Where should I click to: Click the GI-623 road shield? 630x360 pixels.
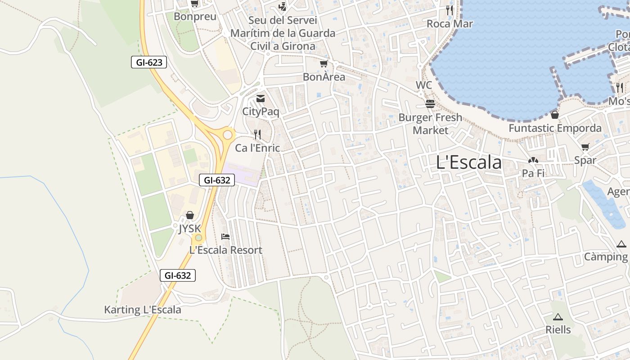click(149, 62)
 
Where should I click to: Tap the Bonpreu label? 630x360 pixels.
click(195, 17)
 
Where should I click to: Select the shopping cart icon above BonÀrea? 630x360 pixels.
click(324, 64)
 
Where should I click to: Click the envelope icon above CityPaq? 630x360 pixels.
click(261, 99)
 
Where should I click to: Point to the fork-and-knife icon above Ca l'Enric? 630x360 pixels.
click(257, 134)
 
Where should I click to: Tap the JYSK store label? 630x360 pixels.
click(189, 229)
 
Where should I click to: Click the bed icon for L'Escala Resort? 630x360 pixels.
click(225, 237)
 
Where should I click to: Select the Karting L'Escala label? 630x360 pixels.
click(143, 310)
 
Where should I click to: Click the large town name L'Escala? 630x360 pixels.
click(468, 162)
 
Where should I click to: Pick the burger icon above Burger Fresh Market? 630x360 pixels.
click(430, 104)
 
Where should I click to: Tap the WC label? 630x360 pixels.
click(423, 85)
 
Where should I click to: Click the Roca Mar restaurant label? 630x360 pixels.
click(450, 23)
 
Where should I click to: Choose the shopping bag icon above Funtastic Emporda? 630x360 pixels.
click(555, 115)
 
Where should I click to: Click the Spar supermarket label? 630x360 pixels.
click(585, 160)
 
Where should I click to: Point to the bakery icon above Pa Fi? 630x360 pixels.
click(533, 160)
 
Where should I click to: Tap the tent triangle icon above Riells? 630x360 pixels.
click(558, 317)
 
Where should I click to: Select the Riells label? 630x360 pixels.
click(558, 329)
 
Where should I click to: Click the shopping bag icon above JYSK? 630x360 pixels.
click(190, 215)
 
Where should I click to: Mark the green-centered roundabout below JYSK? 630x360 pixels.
click(198, 238)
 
